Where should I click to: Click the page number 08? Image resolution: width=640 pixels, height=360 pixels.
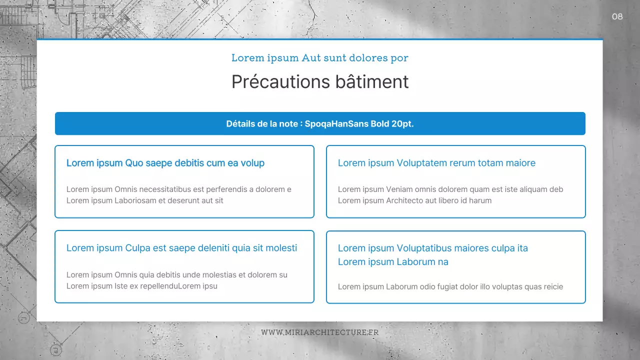617,17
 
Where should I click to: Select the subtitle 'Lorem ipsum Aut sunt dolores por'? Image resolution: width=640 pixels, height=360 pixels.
320,58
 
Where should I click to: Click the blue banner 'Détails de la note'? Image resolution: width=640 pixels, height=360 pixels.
320,124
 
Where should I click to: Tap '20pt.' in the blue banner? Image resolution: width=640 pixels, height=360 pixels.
403,124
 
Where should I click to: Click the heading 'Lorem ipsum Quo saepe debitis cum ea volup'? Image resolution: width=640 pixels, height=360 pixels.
165,163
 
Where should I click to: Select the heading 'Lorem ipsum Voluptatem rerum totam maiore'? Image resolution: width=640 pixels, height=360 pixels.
436,163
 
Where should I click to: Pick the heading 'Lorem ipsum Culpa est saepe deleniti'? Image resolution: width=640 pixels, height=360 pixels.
181,248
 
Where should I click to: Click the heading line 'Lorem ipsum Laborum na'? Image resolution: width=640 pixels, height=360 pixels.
393,262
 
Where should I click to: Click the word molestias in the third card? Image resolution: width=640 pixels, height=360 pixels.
220,275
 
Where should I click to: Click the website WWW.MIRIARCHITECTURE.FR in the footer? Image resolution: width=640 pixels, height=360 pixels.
320,332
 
